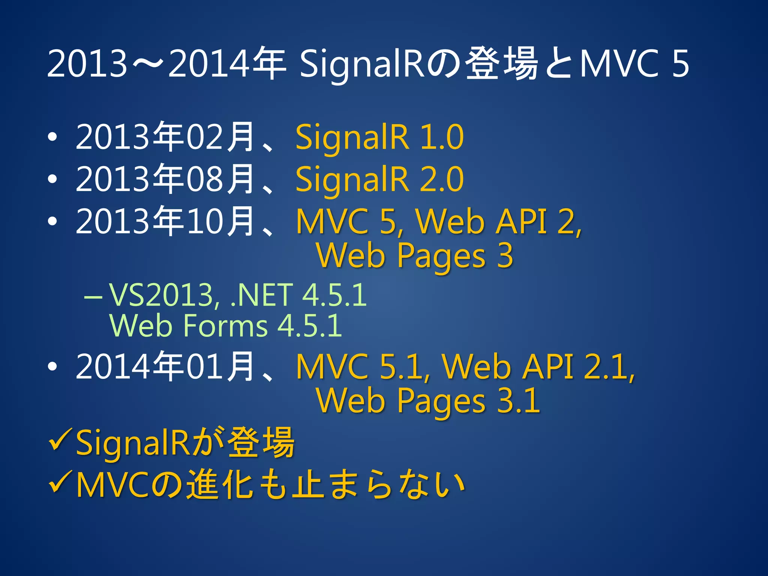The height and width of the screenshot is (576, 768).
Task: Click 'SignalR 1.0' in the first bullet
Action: tap(379, 137)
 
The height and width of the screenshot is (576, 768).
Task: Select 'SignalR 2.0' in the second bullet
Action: tap(379, 179)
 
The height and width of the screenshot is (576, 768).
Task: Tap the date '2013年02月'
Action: tap(165, 137)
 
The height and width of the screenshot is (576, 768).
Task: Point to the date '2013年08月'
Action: tap(165, 179)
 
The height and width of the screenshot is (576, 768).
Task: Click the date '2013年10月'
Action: tap(165, 221)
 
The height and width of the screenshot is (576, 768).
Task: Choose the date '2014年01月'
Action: tap(165, 366)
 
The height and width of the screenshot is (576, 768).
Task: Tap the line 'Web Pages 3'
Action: tap(415, 256)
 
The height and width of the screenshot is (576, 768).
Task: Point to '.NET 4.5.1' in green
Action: tap(298, 295)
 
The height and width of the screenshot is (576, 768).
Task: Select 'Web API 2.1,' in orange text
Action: tap(538, 367)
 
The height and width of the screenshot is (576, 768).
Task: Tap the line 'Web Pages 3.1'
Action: tap(428, 401)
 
